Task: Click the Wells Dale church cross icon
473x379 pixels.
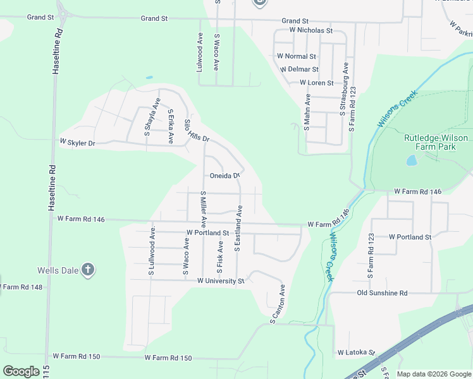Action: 87,270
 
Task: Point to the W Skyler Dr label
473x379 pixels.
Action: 77,143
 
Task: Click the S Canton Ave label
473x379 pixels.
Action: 278,304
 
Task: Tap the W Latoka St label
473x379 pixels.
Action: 356,352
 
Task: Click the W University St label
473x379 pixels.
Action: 221,280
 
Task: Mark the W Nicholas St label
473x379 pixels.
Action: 311,30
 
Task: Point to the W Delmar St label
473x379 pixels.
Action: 298,69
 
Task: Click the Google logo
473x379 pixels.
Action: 21,371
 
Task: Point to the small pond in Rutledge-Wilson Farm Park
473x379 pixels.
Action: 412,160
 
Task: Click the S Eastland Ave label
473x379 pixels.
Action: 239,228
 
